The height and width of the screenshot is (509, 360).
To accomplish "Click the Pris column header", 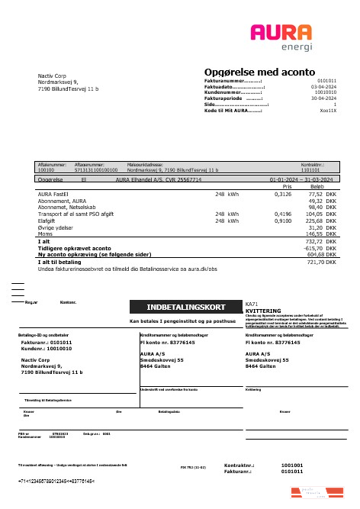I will click(288, 186).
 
